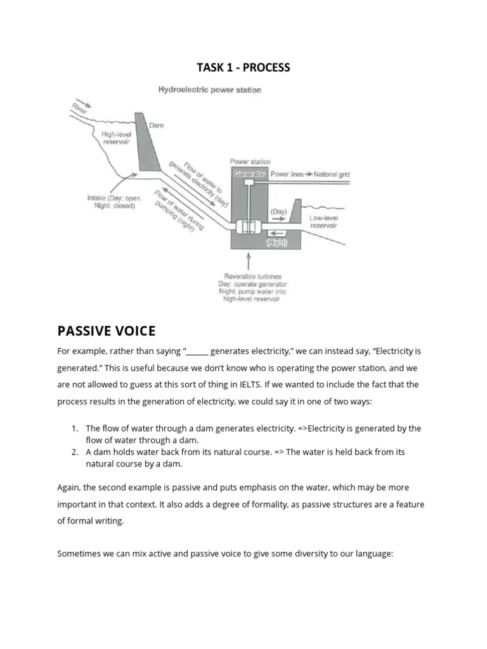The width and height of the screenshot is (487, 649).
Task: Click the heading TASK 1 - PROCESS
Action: [x=243, y=67]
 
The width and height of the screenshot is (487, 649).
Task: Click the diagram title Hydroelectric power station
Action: [x=209, y=90]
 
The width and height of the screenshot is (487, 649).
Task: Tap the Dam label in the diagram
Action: [x=156, y=125]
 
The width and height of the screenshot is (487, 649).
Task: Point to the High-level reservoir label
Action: [x=116, y=138]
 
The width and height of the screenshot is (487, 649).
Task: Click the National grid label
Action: [x=332, y=174]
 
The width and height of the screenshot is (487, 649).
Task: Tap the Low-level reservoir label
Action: [x=323, y=221]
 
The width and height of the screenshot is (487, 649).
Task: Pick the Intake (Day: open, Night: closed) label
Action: [x=114, y=202]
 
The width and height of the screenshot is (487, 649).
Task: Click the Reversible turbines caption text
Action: [x=249, y=277]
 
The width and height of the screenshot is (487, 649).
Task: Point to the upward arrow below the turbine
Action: [x=248, y=260]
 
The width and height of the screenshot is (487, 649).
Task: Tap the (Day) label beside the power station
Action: [x=278, y=210]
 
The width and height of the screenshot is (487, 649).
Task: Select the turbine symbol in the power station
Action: [x=248, y=226]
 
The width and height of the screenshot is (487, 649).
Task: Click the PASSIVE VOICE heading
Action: [x=106, y=331]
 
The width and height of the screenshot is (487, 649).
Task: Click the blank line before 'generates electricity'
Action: [x=197, y=351]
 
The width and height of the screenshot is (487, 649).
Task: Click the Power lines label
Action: [x=287, y=174]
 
